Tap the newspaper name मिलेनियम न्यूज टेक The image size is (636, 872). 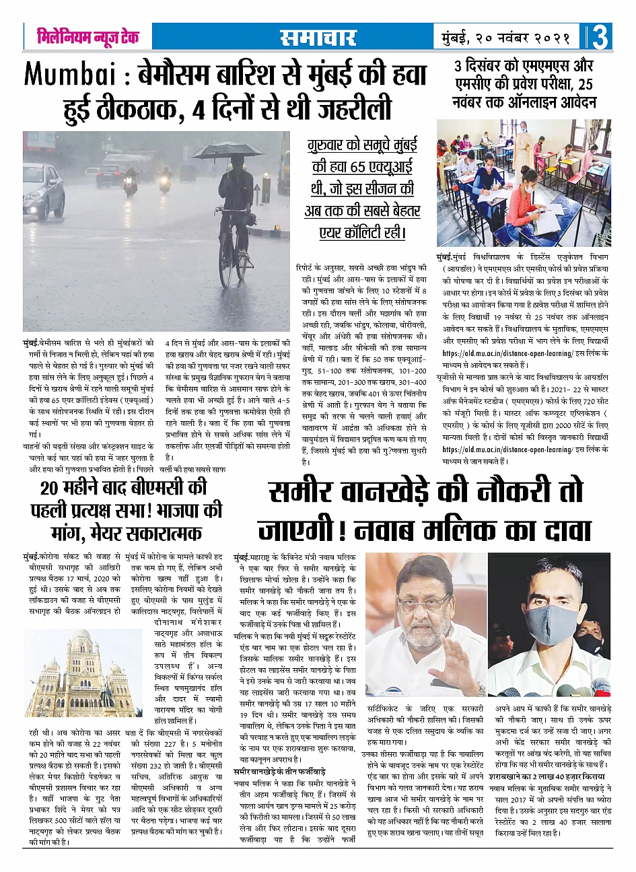click(88, 36)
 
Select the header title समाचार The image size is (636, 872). click(318, 38)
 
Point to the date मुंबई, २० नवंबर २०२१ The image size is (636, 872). click(506, 38)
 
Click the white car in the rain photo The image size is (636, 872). click(43, 190)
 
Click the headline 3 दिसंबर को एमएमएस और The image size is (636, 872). click(524, 67)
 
